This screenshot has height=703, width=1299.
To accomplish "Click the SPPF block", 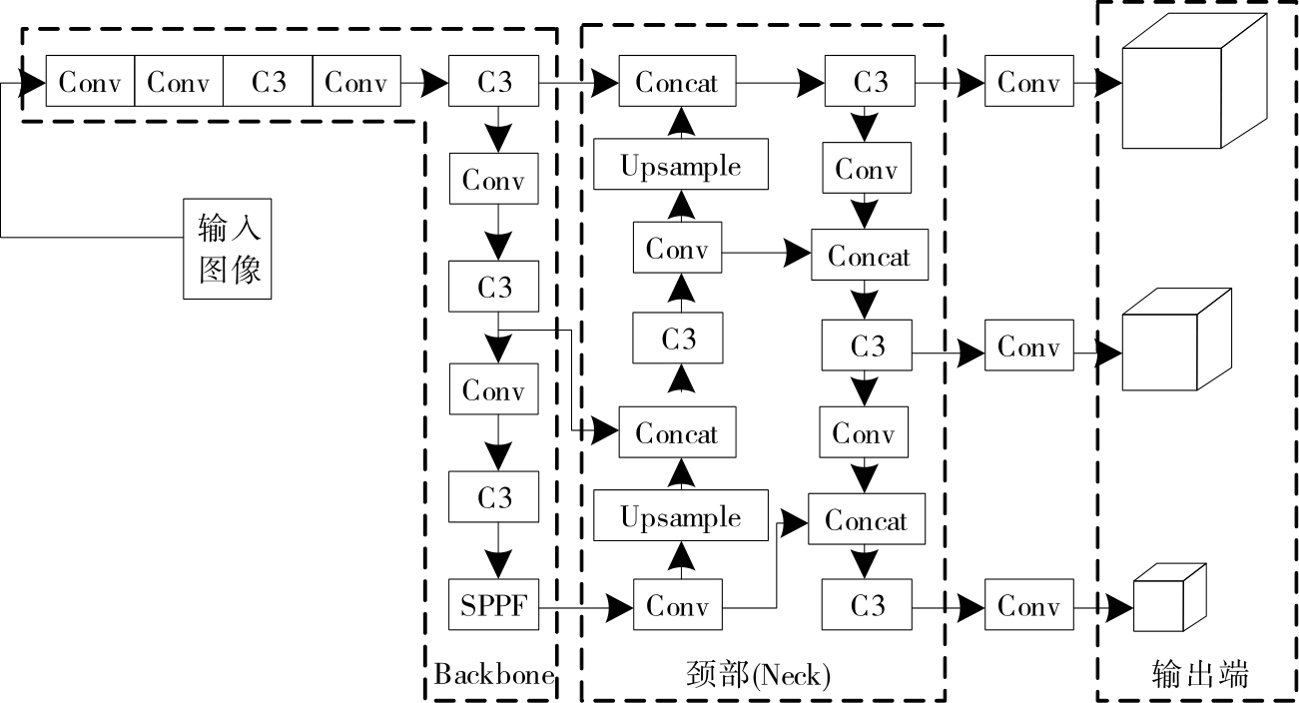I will [494, 605].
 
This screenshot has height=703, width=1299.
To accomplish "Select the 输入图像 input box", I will [227, 248].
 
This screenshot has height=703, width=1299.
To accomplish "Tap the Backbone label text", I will [494, 675].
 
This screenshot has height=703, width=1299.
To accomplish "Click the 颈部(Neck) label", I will [759, 676].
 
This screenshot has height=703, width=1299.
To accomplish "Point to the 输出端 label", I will [1199, 675].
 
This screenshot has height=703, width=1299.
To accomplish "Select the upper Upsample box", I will [681, 165].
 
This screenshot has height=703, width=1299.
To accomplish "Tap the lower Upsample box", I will [681, 517].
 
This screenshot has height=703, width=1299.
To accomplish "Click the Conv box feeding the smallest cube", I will [1028, 605].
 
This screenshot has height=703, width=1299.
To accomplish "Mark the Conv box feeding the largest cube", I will [1028, 82].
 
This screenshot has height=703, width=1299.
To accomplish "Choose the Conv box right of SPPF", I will [677, 605].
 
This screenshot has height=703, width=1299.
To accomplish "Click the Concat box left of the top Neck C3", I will [677, 82].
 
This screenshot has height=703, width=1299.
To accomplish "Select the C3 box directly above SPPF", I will [494, 497].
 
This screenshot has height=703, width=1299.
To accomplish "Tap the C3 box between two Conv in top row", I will [268, 82].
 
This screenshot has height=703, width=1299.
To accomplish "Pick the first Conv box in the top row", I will [90, 82].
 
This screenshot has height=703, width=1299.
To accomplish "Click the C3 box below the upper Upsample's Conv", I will [678, 339].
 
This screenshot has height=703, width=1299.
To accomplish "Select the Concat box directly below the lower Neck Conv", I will [866, 520].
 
